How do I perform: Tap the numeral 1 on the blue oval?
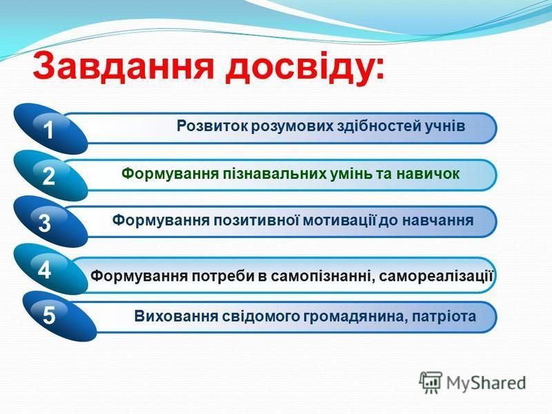[x=48, y=130]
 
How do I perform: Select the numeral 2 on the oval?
[x=48, y=176]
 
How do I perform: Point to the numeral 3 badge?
[x=45, y=223]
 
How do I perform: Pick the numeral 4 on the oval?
[x=44, y=270]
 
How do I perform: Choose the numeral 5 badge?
[x=49, y=315]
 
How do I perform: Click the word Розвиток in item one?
[x=212, y=126]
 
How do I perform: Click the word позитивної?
[x=257, y=220]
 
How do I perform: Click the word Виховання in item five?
[x=176, y=316]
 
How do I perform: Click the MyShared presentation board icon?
[x=431, y=382]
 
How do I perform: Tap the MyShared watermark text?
[x=486, y=383]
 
